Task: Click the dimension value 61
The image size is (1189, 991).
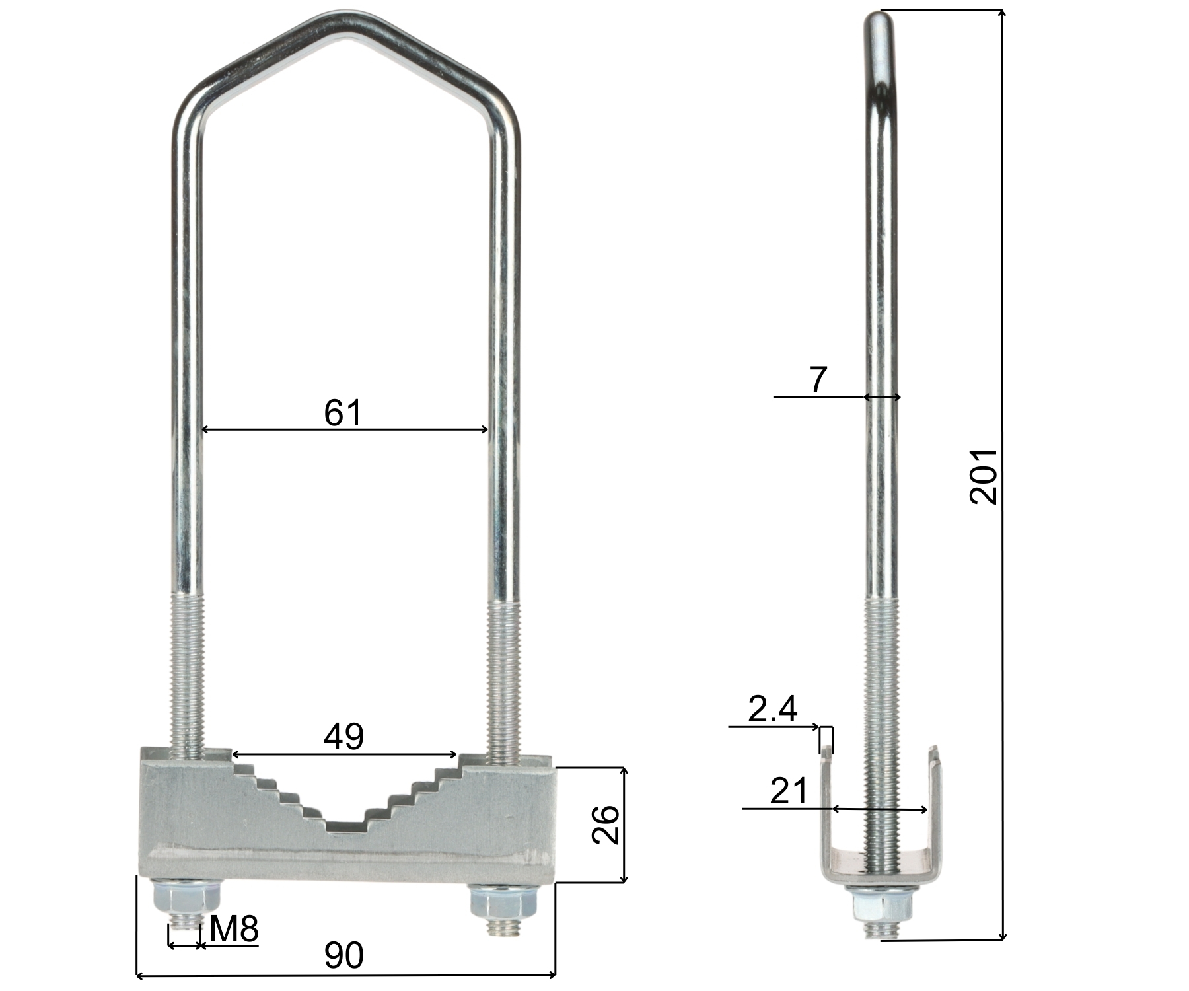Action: [343, 414]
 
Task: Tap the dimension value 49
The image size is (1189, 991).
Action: [343, 737]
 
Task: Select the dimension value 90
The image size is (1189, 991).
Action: [344, 955]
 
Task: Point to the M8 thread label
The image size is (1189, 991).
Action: [234, 930]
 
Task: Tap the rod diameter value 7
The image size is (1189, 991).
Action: [818, 380]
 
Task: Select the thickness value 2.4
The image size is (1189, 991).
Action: [773, 710]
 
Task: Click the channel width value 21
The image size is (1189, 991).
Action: [789, 790]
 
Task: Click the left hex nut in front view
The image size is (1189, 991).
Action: [186, 897]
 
